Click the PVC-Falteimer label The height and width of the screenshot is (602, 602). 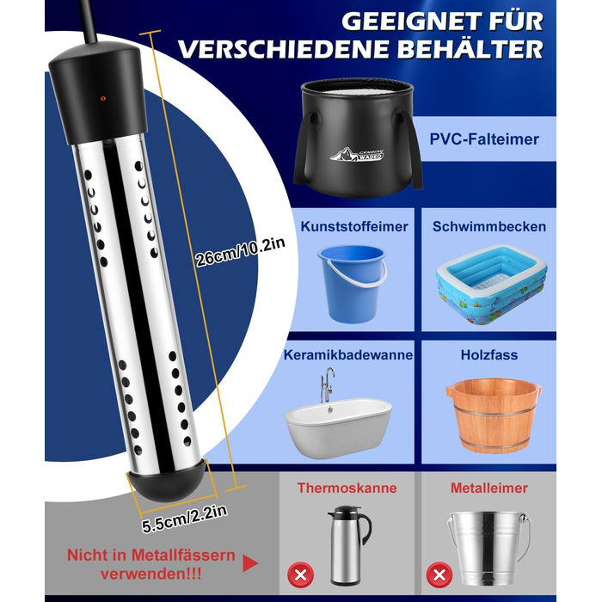coord(484,139)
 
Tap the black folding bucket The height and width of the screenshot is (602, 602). coord(358,138)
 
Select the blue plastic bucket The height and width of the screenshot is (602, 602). coord(353,284)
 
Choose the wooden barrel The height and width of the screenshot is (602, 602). coord(494,415)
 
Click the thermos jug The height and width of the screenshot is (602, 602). coord(348,545)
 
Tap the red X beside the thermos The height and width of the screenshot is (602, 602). coord(301,574)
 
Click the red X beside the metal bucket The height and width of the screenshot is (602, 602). coord(439,574)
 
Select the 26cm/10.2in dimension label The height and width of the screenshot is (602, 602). coord(240,252)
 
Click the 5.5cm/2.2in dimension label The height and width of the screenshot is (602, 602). coord(185,519)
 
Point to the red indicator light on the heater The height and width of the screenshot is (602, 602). coord(103,99)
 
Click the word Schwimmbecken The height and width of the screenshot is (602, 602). coord(489,226)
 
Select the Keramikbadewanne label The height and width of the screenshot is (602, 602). coord(348,354)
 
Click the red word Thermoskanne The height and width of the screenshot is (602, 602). coord(347,488)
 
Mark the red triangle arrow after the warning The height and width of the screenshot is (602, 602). coord(250,563)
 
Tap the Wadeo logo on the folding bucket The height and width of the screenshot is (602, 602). coord(357,154)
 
